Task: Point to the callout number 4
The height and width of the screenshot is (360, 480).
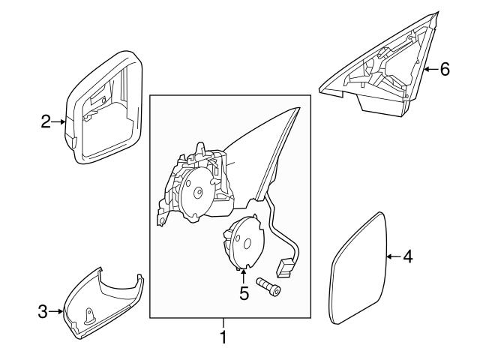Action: pos(407,257)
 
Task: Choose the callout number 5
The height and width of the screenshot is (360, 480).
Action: pos(243,293)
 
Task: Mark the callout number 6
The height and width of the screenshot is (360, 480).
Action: pos(445,69)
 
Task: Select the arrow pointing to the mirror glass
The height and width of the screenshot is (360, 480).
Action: pos(393,257)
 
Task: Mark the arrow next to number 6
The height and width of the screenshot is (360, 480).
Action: pos(430,69)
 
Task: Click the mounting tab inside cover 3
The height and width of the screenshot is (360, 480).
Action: pos(90,316)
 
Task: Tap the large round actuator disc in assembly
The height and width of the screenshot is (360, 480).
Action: pos(197,192)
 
